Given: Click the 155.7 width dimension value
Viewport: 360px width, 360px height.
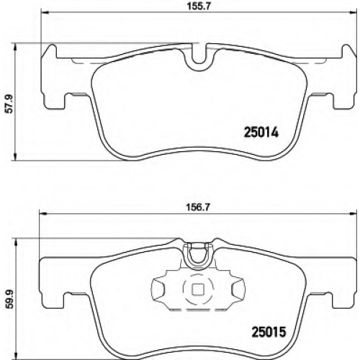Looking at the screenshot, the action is point(199,6).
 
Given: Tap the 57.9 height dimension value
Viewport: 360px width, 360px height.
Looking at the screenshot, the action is point(9,104).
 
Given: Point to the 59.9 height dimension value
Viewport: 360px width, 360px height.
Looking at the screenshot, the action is point(9,300).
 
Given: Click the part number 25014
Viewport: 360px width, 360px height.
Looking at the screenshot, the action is point(261,132).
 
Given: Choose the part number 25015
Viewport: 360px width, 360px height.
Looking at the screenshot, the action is point(269,332).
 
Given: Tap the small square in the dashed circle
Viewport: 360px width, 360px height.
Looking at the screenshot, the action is point(198,289).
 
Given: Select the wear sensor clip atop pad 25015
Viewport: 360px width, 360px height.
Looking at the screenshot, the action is point(198,255).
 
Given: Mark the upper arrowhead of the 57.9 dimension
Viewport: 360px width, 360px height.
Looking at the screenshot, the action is point(16,47).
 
